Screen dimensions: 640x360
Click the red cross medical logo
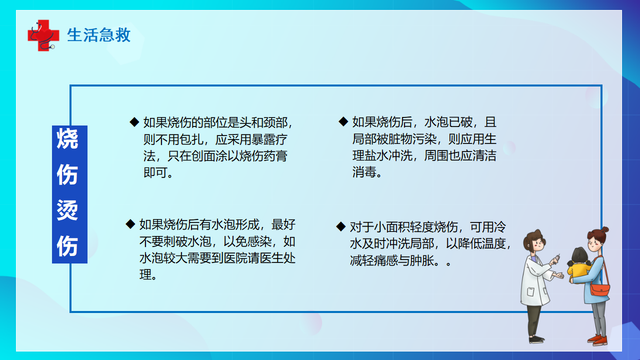tap(43, 35)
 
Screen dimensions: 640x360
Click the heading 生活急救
tap(99, 35)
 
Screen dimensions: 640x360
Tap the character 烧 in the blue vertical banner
tap(67, 139)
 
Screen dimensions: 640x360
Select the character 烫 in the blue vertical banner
tap(67, 210)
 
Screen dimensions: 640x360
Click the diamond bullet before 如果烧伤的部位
tap(134, 122)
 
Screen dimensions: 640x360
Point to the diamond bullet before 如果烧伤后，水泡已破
tap(343, 121)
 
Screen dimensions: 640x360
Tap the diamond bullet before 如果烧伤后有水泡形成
tap(130, 224)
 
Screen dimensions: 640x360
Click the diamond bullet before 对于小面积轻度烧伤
tap(341, 226)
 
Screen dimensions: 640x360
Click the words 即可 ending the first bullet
tap(155, 172)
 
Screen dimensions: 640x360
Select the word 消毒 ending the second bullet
tap(364, 172)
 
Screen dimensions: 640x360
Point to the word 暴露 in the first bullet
tap(263, 139)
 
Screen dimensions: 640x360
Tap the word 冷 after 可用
tap(500, 227)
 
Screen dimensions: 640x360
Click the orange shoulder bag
tap(600, 289)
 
